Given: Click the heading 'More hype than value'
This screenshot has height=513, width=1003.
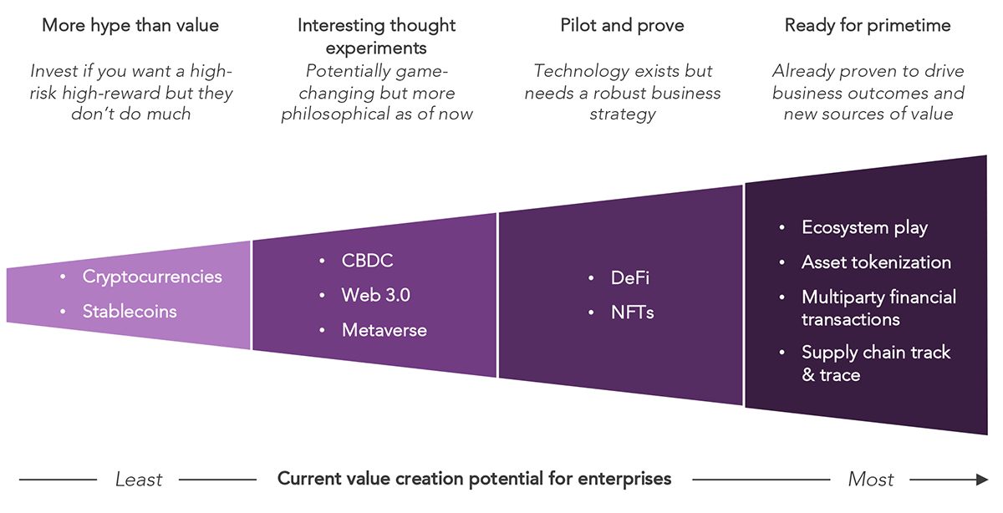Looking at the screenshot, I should tap(130, 26).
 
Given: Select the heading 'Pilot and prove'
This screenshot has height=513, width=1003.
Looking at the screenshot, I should tap(622, 26).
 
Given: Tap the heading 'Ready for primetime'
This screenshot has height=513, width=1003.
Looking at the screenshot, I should tap(868, 26).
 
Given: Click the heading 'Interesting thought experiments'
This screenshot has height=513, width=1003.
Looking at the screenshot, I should tap(376, 36).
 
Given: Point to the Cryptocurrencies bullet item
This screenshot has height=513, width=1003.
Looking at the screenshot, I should tap(151, 277).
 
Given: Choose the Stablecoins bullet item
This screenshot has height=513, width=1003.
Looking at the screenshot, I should tap(130, 312).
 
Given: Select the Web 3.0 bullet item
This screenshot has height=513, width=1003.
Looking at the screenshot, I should tap(375, 295).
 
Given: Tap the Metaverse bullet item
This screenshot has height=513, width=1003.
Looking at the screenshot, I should tap(384, 330).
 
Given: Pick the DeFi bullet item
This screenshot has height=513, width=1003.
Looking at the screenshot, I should tap(629, 278).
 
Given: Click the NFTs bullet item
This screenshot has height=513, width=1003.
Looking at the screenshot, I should tap(632, 313).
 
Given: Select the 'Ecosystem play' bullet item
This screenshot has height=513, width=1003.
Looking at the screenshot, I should tap(864, 227).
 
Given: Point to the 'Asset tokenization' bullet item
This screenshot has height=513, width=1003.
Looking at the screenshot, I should tap(876, 262).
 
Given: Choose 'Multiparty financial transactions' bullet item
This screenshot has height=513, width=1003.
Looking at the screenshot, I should tap(878, 308).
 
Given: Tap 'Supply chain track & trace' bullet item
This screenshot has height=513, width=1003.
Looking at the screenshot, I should tap(875, 363).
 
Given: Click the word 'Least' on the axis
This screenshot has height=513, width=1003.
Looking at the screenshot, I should tap(139, 480).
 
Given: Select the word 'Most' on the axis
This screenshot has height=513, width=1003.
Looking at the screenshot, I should tap(871, 480).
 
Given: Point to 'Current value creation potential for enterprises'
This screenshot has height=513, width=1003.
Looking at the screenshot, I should tap(474, 480).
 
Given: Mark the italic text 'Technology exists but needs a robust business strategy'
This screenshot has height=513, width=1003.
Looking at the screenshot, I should tap(622, 93).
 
